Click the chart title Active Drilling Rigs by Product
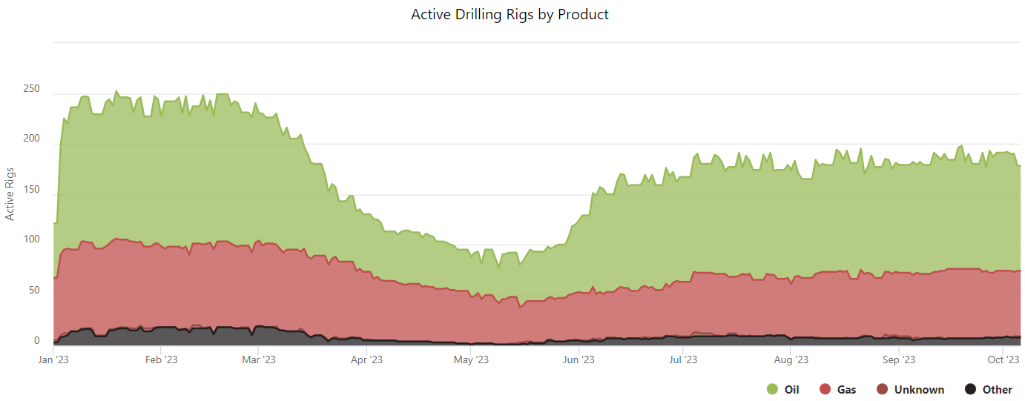510,14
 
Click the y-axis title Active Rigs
10,192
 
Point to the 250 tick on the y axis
31,90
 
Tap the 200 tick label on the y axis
31,140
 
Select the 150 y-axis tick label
31,190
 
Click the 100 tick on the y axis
31,240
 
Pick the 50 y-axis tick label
33,291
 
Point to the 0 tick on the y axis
36,341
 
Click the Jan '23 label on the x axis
54,360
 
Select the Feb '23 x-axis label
161,360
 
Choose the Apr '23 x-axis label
366,360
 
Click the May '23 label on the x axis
471,360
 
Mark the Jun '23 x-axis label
579,360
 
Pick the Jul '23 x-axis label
682,360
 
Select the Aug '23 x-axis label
791,360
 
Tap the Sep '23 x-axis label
898,360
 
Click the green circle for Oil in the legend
772,389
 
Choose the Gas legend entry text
846,389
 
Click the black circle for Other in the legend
970,389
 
